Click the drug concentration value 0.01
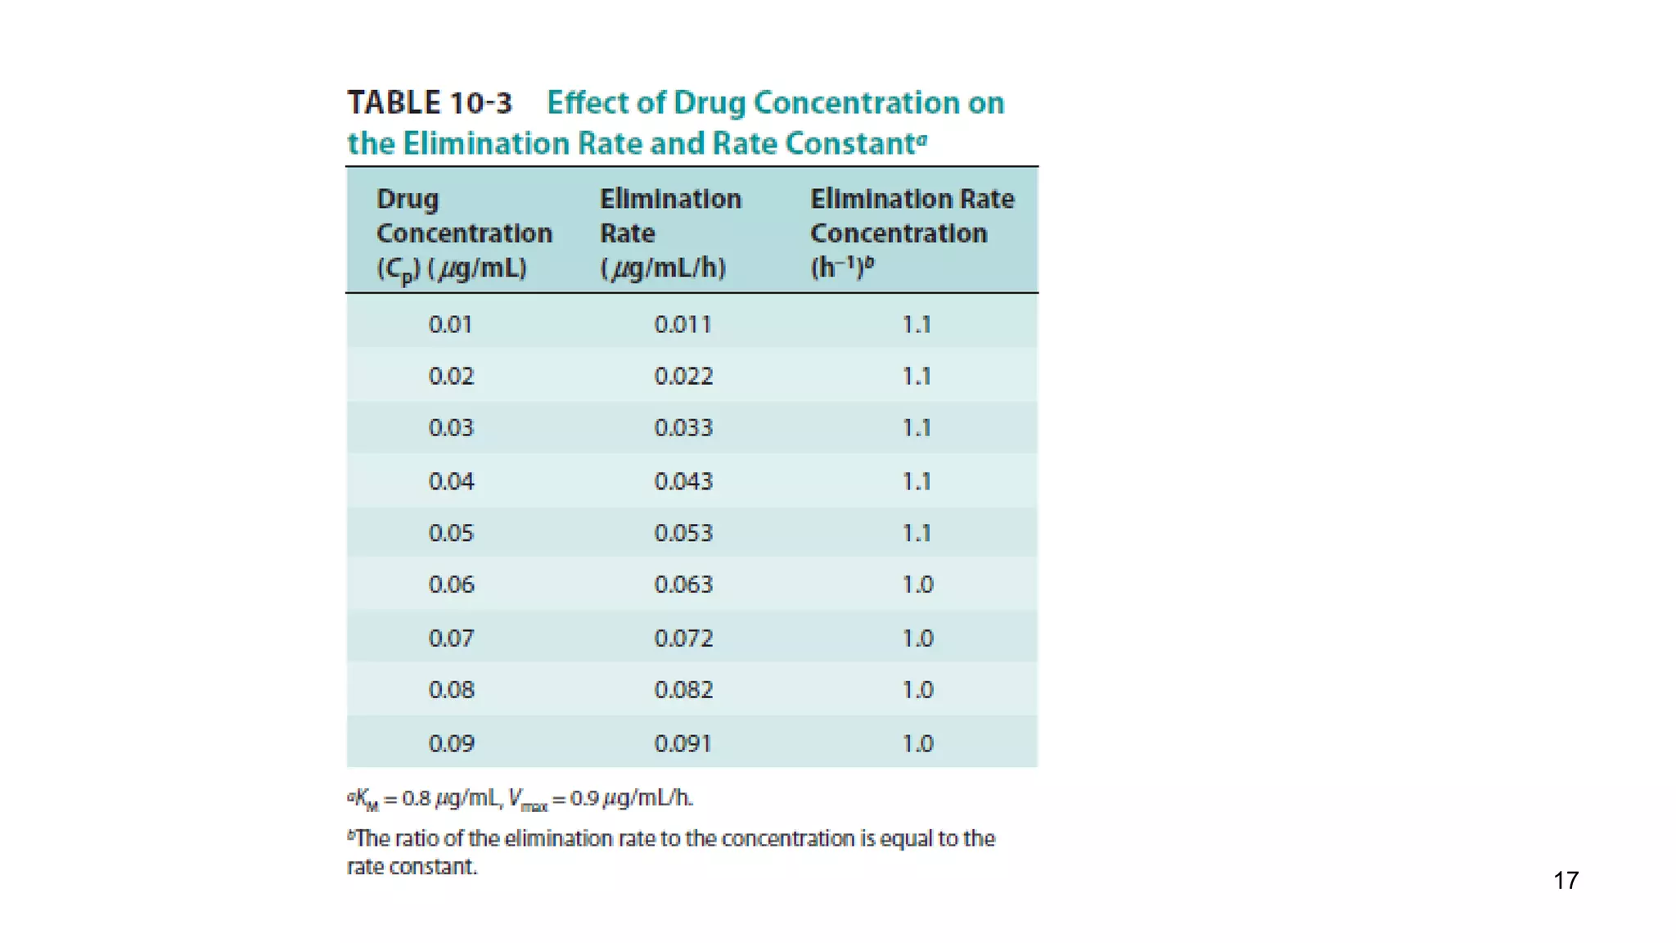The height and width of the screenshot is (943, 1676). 450,325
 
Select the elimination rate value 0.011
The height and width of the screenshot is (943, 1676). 683,325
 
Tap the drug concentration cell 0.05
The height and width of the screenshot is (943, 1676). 450,533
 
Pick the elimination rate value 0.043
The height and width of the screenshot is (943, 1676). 683,481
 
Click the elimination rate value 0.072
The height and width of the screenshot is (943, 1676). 683,638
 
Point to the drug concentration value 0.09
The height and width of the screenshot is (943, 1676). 450,743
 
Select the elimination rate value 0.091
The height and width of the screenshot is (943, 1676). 683,743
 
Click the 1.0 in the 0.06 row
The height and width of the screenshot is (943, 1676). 917,584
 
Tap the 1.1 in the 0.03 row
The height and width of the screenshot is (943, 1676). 917,428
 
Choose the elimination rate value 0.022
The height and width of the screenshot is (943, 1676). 683,377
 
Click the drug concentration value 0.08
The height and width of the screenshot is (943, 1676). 450,690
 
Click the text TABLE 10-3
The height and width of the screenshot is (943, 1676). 430,103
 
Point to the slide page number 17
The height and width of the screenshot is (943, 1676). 1566,881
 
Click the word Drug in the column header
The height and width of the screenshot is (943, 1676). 408,200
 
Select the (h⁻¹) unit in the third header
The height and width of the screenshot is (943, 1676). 836,267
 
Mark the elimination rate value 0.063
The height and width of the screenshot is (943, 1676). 683,584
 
